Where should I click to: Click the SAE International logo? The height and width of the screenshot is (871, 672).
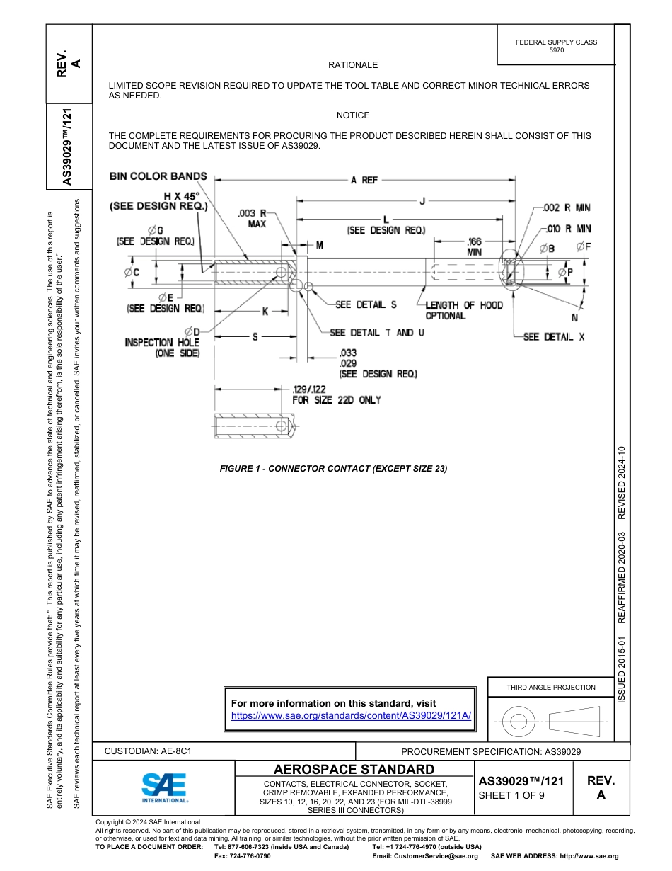[164, 787]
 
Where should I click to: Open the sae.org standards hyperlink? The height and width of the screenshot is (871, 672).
[351, 715]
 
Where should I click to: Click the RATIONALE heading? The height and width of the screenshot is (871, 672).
[353, 65]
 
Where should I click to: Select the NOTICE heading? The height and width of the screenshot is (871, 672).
[353, 115]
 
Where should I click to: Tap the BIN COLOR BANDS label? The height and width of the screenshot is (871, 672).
[158, 176]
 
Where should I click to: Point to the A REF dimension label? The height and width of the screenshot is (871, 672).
[364, 181]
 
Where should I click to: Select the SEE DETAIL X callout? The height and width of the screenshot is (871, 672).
[554, 337]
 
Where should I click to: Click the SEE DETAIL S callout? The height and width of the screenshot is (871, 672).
[366, 305]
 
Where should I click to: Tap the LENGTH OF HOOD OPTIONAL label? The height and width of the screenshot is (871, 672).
[463, 311]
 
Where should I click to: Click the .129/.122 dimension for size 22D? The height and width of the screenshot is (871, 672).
[337, 394]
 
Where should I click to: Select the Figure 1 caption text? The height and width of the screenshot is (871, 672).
[333, 469]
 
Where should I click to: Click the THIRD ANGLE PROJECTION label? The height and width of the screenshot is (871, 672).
[550, 687]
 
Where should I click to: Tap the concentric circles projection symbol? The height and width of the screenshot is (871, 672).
[519, 722]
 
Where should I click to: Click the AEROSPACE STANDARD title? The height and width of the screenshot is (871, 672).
[354, 770]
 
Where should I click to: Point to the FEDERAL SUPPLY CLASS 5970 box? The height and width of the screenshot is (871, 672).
[556, 46]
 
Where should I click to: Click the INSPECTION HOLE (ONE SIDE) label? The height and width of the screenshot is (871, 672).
[163, 348]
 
